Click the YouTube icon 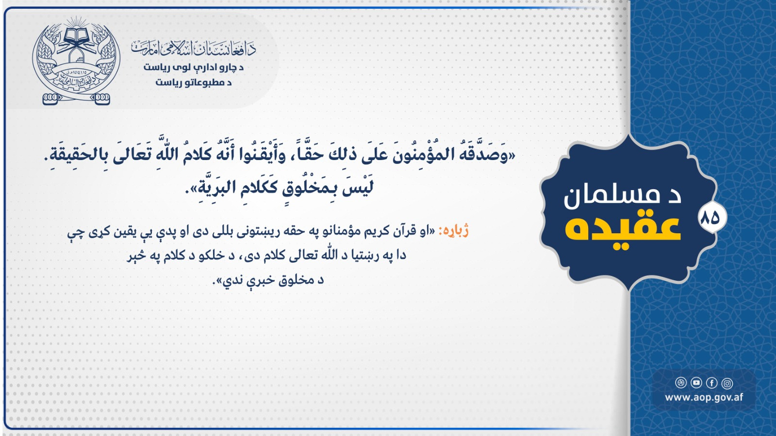[x=696, y=383]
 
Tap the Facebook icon [x=711, y=383]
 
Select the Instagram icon [x=727, y=383]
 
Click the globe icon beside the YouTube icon [x=681, y=383]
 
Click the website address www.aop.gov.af [x=704, y=397]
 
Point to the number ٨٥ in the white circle [x=710, y=218]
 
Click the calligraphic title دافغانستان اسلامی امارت [x=193, y=49]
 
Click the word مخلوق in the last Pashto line [x=292, y=280]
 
